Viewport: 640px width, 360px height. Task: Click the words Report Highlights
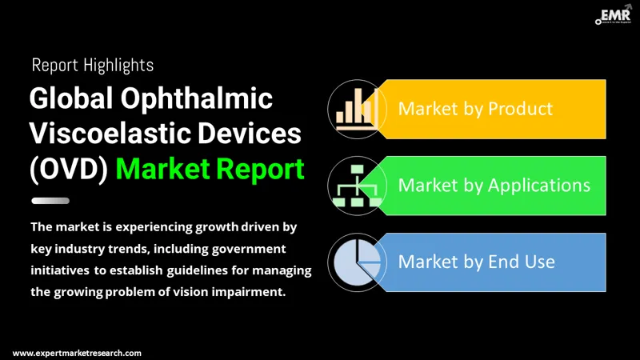[x=93, y=64]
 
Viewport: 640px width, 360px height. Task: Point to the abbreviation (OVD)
[x=68, y=169]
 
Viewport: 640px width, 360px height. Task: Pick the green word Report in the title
[x=260, y=169]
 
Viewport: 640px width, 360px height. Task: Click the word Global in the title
[x=68, y=99]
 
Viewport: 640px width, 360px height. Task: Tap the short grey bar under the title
[x=50, y=201]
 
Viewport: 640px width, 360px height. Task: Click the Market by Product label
[x=475, y=108]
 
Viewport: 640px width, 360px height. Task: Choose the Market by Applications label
[x=494, y=185]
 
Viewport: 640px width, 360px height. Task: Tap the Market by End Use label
[x=476, y=262]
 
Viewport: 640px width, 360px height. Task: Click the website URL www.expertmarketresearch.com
[x=78, y=353]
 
